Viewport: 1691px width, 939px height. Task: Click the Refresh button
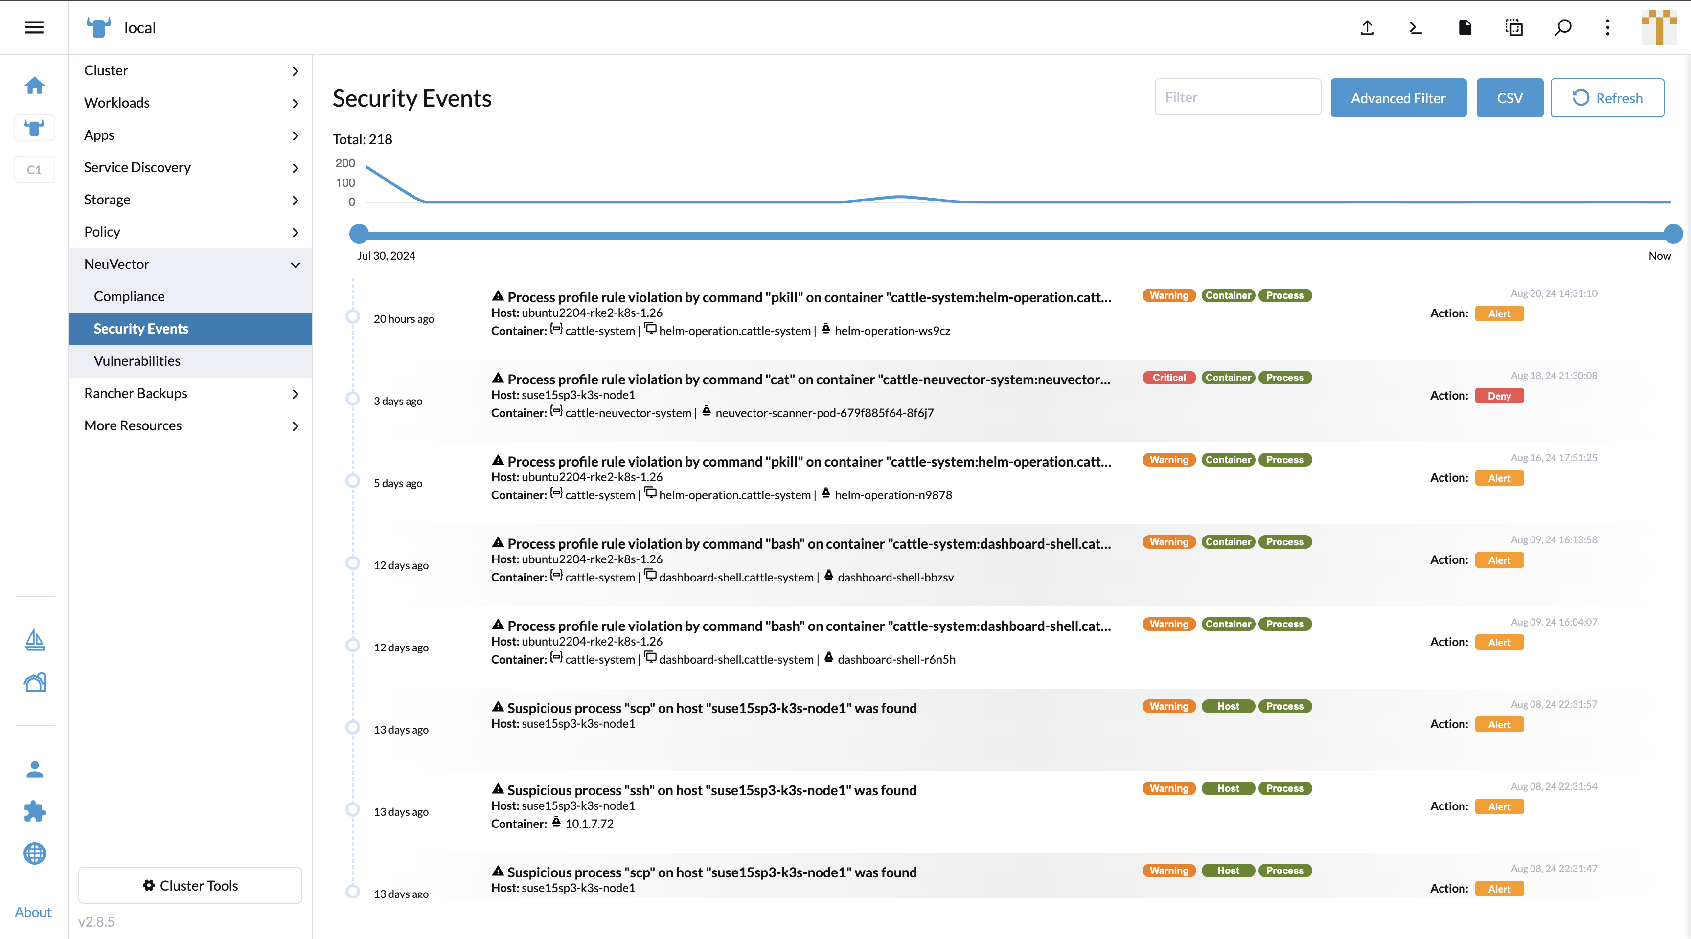click(1606, 98)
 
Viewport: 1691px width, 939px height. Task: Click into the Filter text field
click(1237, 97)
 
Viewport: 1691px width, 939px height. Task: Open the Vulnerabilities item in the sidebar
click(137, 361)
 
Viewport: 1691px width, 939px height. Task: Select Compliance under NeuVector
click(129, 296)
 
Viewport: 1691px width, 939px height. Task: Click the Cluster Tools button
click(190, 885)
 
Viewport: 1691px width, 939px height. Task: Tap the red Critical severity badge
click(1168, 377)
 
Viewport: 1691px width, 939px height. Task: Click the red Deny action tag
click(1499, 396)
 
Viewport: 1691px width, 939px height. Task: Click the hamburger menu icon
click(34, 27)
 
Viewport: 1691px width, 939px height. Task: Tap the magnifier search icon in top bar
click(1563, 27)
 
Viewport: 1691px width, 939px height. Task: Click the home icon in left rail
click(34, 85)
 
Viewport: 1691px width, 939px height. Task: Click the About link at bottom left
click(33, 912)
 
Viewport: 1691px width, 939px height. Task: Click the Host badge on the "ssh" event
click(1228, 788)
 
